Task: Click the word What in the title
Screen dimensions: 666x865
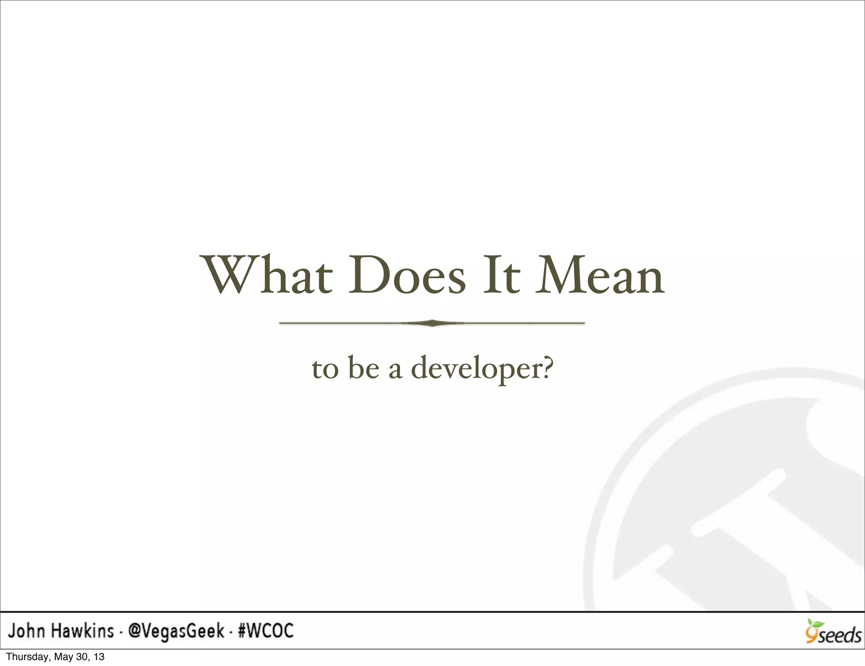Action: [x=268, y=275]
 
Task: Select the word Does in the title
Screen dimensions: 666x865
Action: [x=407, y=275]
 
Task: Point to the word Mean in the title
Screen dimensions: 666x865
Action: [x=600, y=275]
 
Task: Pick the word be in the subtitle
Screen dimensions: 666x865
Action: [x=363, y=368]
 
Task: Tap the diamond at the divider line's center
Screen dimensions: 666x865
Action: [x=432, y=323]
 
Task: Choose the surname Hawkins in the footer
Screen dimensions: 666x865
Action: [x=83, y=631]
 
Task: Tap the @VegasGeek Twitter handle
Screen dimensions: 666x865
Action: [x=176, y=631]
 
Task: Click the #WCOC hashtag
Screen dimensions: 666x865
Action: [x=266, y=631]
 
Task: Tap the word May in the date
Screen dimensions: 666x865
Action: [x=60, y=657]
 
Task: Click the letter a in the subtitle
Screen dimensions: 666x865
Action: [x=395, y=369]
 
